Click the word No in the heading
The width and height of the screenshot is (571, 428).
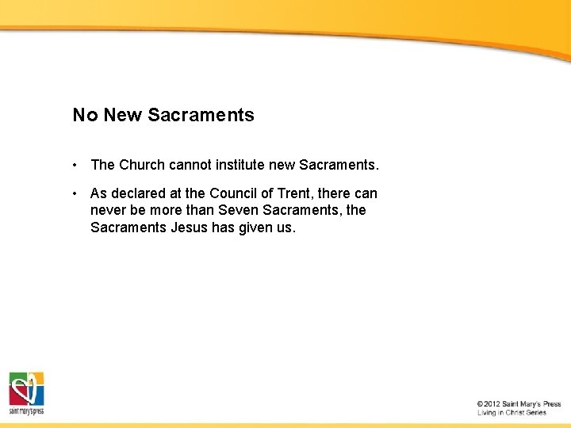(85, 116)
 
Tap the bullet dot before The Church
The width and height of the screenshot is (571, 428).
(74, 165)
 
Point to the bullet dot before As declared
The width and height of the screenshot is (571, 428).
(74, 193)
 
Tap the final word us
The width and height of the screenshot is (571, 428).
(285, 228)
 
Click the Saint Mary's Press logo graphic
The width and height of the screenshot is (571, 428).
(26, 391)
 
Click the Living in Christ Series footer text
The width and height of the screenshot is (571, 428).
(512, 413)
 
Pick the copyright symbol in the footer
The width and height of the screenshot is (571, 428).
(481, 404)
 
